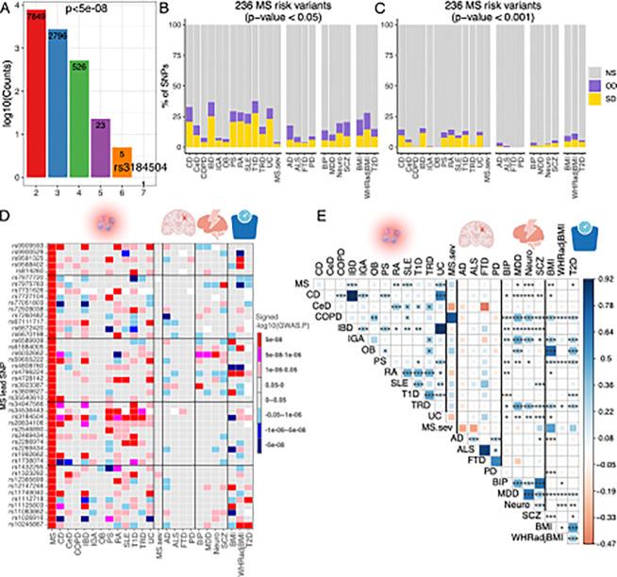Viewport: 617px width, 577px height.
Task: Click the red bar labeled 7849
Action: click(x=37, y=94)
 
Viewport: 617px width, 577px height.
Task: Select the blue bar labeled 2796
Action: click(x=58, y=104)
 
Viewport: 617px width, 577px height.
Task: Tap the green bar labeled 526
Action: click(x=79, y=118)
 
